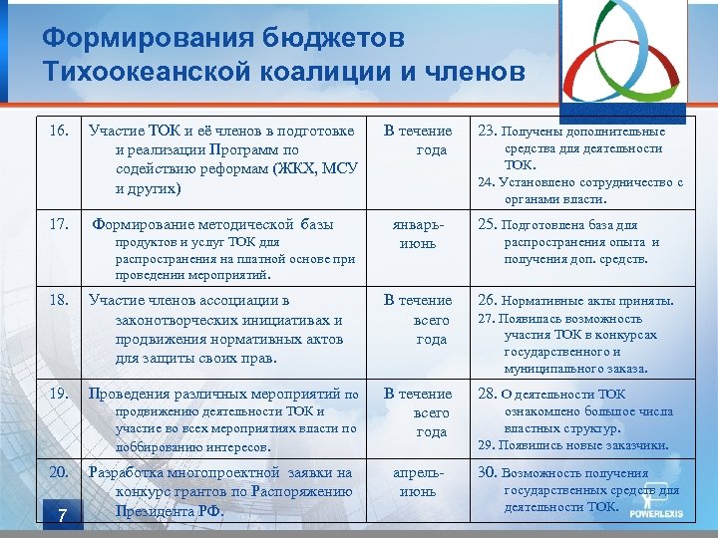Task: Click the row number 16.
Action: click(x=59, y=131)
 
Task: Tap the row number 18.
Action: click(x=59, y=300)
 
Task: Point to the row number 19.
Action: click(x=59, y=394)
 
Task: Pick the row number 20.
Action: click(x=59, y=472)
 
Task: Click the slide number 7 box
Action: click(x=61, y=515)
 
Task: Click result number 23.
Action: click(x=489, y=131)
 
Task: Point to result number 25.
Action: click(x=489, y=224)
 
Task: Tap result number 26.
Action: click(x=489, y=300)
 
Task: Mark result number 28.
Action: click(x=489, y=394)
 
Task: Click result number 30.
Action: click(x=489, y=473)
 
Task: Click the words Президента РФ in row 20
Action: click(x=170, y=511)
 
